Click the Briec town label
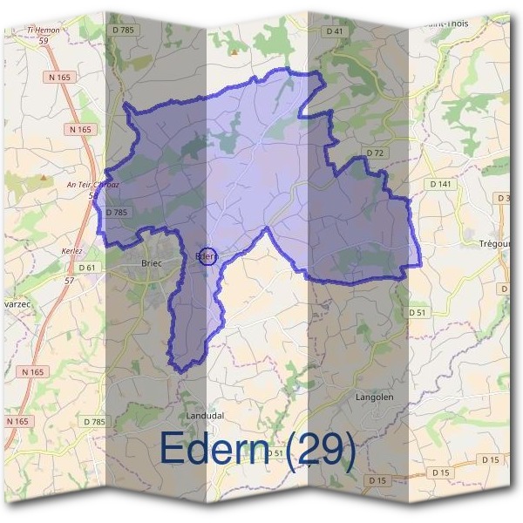click(x=153, y=261)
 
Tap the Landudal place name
click(x=206, y=415)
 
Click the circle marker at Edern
click(x=207, y=256)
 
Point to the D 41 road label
click(x=332, y=31)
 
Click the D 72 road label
click(x=376, y=153)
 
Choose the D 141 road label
click(x=441, y=184)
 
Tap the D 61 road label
click(x=85, y=267)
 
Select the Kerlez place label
click(x=72, y=250)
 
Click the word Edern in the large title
click(x=218, y=450)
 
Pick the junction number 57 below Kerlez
click(x=70, y=281)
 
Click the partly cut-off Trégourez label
click(x=493, y=243)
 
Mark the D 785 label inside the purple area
click(x=116, y=212)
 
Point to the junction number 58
click(x=92, y=195)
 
